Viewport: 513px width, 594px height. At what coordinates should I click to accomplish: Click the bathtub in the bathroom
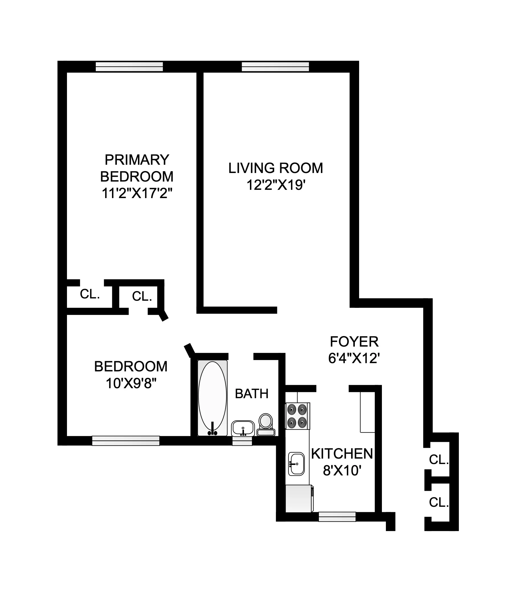[212, 398]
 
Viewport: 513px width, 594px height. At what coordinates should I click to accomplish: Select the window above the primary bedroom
[129, 67]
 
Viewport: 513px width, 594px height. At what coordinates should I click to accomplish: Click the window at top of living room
[275, 67]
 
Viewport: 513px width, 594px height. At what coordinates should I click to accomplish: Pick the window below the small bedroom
[125, 441]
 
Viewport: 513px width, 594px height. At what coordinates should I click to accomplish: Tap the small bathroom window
[242, 441]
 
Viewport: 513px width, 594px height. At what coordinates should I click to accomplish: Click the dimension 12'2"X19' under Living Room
[275, 185]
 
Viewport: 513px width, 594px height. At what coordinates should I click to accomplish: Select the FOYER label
[354, 342]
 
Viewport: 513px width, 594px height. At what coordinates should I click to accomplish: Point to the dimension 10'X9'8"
[131, 383]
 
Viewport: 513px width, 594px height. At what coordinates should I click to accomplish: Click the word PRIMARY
[137, 160]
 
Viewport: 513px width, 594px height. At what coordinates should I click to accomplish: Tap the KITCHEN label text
[342, 454]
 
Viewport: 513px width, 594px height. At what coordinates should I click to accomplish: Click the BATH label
[252, 394]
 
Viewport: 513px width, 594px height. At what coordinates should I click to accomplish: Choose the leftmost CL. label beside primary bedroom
[90, 294]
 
